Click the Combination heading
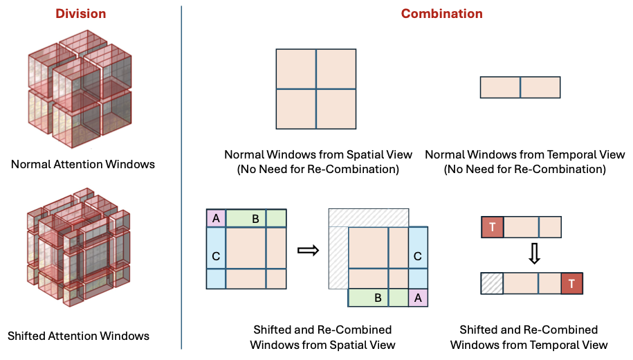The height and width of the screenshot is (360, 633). pos(441,13)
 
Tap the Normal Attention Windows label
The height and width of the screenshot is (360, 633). pos(82,164)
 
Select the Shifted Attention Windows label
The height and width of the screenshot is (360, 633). pos(78,336)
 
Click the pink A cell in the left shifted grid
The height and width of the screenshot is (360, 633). pos(216,218)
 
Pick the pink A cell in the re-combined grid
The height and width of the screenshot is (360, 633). pos(419,298)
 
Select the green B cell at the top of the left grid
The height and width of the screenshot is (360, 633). pos(255,218)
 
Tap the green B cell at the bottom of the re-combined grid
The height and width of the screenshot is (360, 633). pos(378,298)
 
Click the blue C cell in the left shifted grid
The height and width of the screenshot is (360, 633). pos(216,257)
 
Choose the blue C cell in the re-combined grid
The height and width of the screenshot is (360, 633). pos(419,256)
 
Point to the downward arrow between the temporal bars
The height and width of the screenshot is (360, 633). pos(533,255)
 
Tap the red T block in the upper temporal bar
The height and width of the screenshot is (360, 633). pos(492,227)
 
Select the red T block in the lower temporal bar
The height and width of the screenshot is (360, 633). pos(571,284)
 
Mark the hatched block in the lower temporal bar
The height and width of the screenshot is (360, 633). pos(492,284)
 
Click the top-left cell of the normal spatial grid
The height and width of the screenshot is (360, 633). pos(296,69)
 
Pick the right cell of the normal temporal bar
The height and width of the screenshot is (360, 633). pos(540,87)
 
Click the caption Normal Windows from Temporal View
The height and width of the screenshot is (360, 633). pos(524,155)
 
